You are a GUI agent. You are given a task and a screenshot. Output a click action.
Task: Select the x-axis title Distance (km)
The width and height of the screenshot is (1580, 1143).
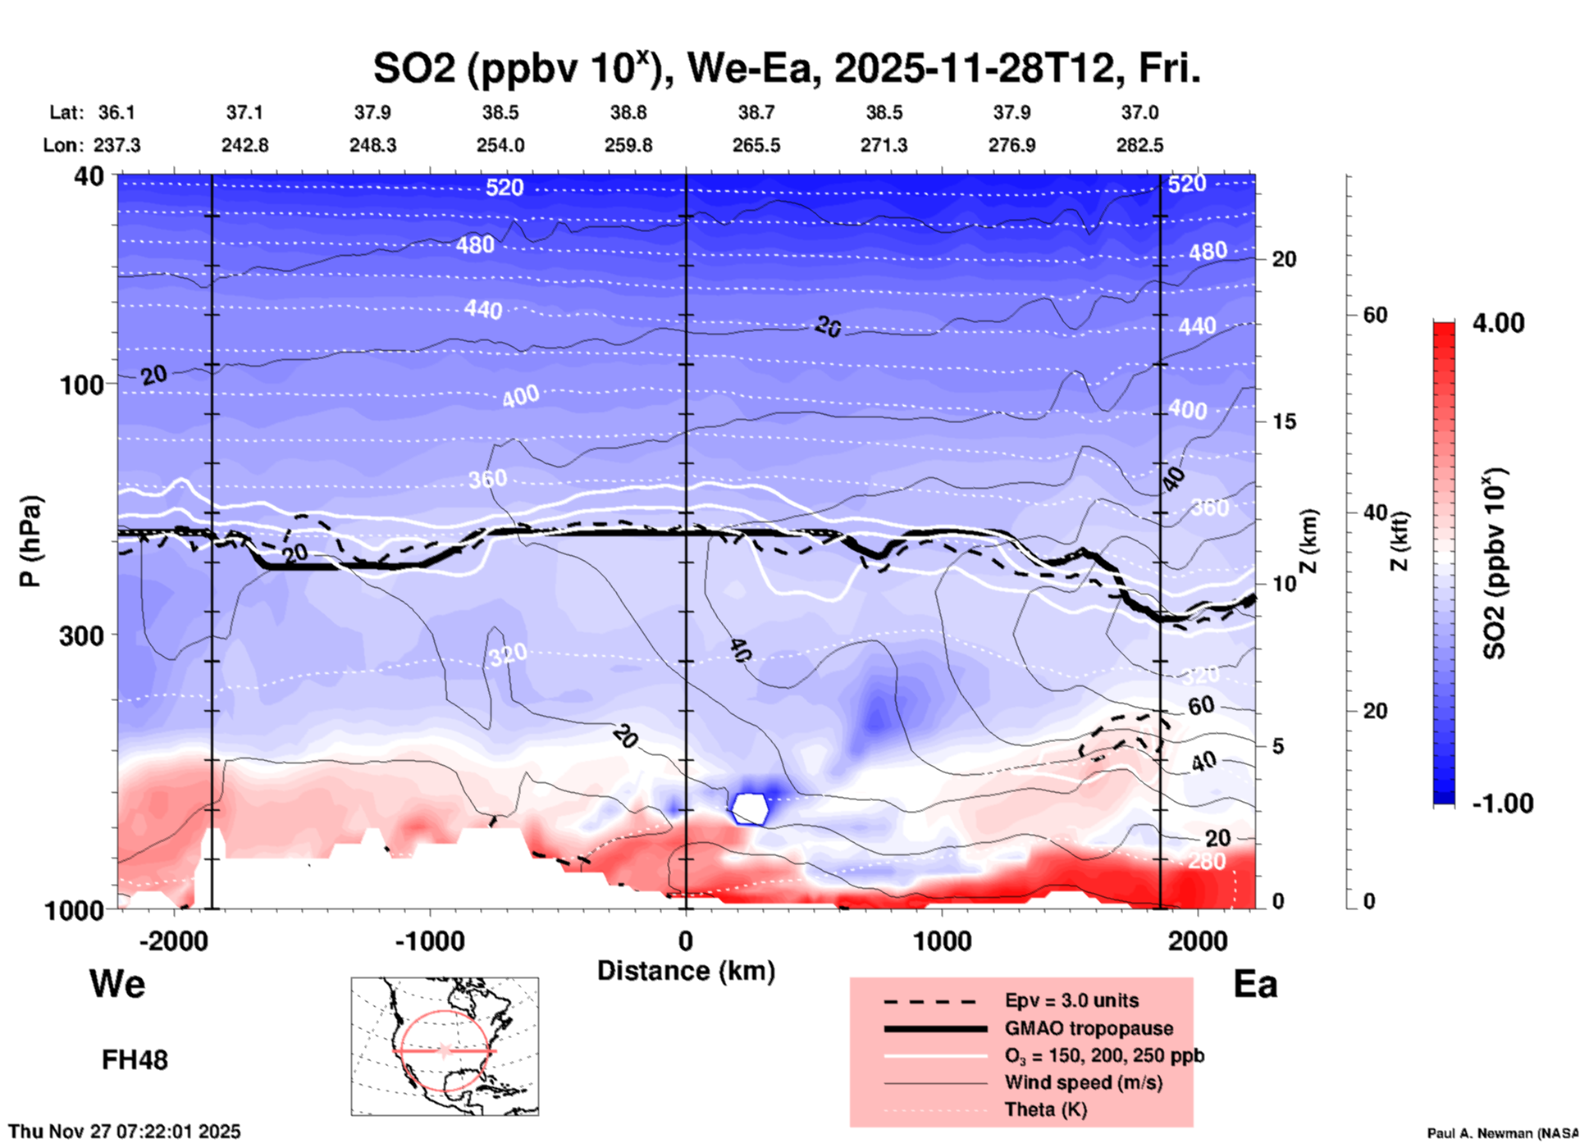pos(686,971)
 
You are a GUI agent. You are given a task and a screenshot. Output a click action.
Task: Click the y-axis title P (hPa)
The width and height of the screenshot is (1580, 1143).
pos(30,541)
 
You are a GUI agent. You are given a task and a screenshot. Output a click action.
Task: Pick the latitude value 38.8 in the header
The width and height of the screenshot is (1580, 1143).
pos(628,112)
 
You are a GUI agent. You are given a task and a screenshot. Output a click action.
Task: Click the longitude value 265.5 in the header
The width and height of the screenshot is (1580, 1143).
pos(756,145)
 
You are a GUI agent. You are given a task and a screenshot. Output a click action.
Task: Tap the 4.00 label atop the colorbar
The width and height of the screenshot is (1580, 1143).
pos(1498,322)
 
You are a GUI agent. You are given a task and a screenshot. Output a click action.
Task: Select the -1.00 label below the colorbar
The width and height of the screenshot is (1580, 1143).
pos(1501,804)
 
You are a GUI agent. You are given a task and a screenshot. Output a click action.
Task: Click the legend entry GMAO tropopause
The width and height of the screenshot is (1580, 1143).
pos(1089,1028)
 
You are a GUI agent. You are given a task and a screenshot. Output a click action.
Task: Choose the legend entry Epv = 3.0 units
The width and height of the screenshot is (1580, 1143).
pos(1071,1000)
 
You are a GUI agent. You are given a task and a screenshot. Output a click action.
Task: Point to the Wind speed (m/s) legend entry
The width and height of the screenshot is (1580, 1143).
pos(1083,1082)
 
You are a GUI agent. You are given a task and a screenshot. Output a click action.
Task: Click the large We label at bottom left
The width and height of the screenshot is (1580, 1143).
pos(117,983)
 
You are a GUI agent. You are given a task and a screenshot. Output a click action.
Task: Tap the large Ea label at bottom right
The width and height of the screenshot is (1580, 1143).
pos(1255,984)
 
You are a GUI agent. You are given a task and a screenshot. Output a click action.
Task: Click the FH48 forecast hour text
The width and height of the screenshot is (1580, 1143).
pos(135,1060)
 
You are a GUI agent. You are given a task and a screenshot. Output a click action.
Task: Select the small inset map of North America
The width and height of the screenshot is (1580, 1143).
pos(445,1046)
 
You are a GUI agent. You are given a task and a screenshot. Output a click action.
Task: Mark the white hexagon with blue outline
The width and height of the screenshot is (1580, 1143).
pos(749,808)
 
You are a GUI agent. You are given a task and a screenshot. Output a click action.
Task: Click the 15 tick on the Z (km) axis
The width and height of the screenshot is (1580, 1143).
pos(1284,421)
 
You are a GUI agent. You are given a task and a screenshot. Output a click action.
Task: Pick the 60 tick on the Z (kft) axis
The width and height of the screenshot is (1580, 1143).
pos(1375,315)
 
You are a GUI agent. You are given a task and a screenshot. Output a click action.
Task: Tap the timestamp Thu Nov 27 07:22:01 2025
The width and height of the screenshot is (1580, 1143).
pos(125,1132)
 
